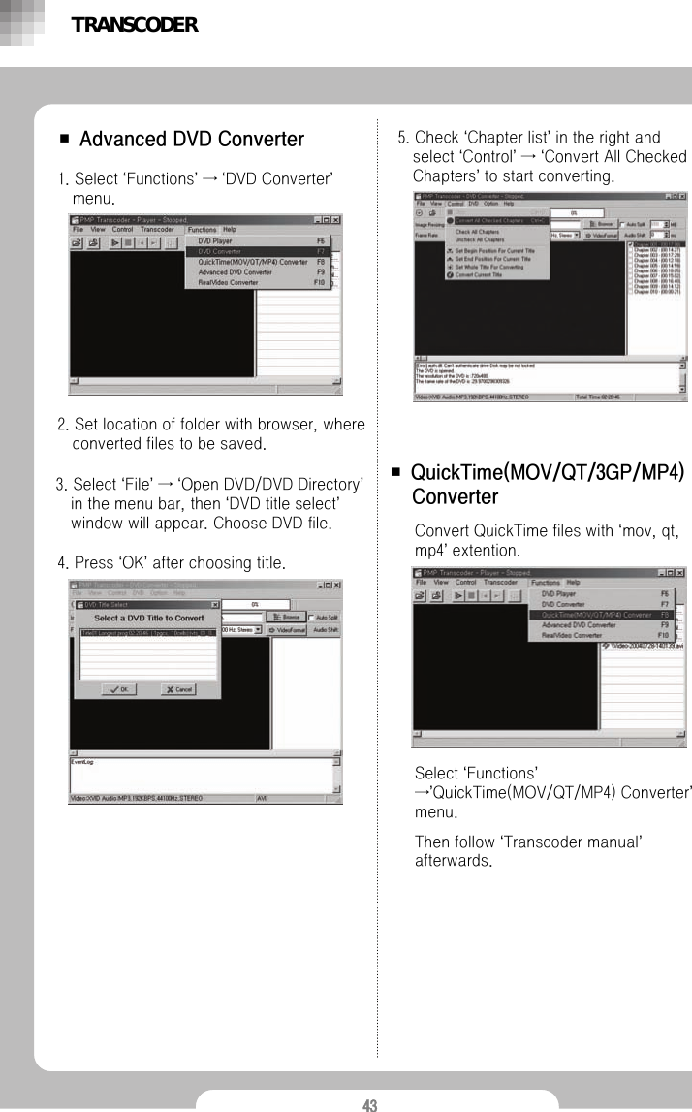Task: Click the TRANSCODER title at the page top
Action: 135,25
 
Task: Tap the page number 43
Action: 369,1104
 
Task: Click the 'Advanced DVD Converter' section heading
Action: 191,140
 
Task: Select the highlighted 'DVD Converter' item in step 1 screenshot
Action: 220,251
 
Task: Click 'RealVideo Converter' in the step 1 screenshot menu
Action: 229,283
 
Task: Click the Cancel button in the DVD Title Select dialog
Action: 177,689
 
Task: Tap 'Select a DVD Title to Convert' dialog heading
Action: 148,618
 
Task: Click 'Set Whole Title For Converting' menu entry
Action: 488,267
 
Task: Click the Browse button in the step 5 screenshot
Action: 600,223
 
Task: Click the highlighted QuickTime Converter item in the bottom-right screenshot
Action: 596,615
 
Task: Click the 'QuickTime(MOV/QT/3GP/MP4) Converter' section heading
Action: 548,485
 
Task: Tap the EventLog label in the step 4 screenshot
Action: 82,762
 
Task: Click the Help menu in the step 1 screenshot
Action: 230,230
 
